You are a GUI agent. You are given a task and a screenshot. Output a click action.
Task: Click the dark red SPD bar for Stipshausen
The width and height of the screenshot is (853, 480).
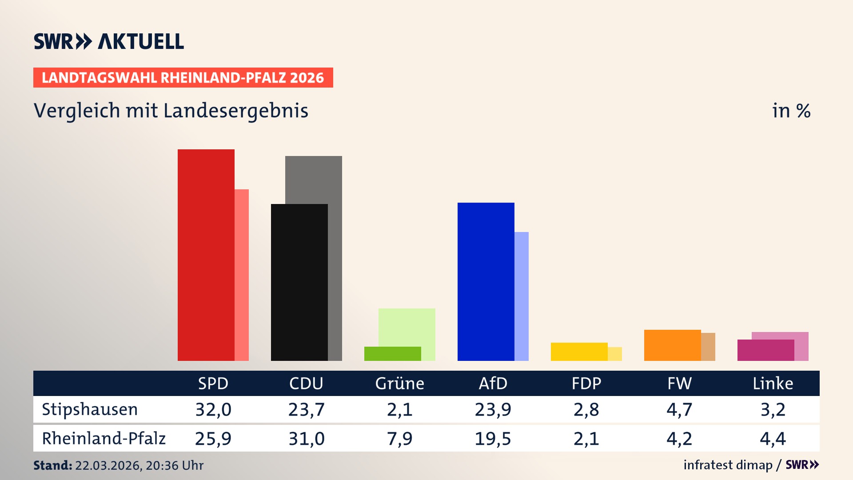(206, 255)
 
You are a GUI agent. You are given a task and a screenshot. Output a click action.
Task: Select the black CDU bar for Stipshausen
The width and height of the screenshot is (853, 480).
(299, 282)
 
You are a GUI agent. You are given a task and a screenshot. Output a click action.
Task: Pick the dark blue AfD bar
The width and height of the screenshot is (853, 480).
(486, 282)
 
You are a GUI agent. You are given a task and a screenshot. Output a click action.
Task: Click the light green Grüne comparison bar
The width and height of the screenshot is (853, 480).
(407, 327)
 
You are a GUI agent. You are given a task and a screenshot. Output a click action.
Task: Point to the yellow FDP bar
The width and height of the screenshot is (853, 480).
(579, 352)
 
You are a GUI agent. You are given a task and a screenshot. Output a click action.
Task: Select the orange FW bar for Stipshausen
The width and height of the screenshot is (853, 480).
(672, 345)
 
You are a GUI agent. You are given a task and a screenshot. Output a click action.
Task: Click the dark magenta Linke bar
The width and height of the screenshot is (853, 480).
(765, 350)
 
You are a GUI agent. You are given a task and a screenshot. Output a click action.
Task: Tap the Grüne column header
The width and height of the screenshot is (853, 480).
(399, 383)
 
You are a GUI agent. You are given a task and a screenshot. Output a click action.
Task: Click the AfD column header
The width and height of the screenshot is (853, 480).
(493, 383)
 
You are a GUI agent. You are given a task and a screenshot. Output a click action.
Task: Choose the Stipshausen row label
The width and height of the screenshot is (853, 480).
(90, 409)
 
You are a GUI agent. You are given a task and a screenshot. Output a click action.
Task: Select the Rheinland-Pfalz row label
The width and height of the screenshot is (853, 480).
(104, 439)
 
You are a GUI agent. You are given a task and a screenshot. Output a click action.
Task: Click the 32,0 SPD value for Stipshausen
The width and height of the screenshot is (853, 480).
(213, 409)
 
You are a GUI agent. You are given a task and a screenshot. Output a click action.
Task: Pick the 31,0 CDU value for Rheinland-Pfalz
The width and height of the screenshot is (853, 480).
(307, 439)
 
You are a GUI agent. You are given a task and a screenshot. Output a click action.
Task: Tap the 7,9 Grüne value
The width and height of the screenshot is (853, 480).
(399, 439)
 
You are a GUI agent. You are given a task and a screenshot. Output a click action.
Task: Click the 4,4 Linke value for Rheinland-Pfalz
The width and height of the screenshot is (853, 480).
(773, 439)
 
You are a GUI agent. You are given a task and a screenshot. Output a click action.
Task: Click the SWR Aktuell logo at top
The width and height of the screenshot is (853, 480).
(109, 41)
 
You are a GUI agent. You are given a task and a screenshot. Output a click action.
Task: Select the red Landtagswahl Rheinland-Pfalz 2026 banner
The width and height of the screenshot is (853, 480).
(183, 78)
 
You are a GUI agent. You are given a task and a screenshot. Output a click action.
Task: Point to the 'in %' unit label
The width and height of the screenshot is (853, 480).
(791, 111)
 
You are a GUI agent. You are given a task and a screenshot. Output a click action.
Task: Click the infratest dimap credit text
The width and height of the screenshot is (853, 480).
(728, 465)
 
